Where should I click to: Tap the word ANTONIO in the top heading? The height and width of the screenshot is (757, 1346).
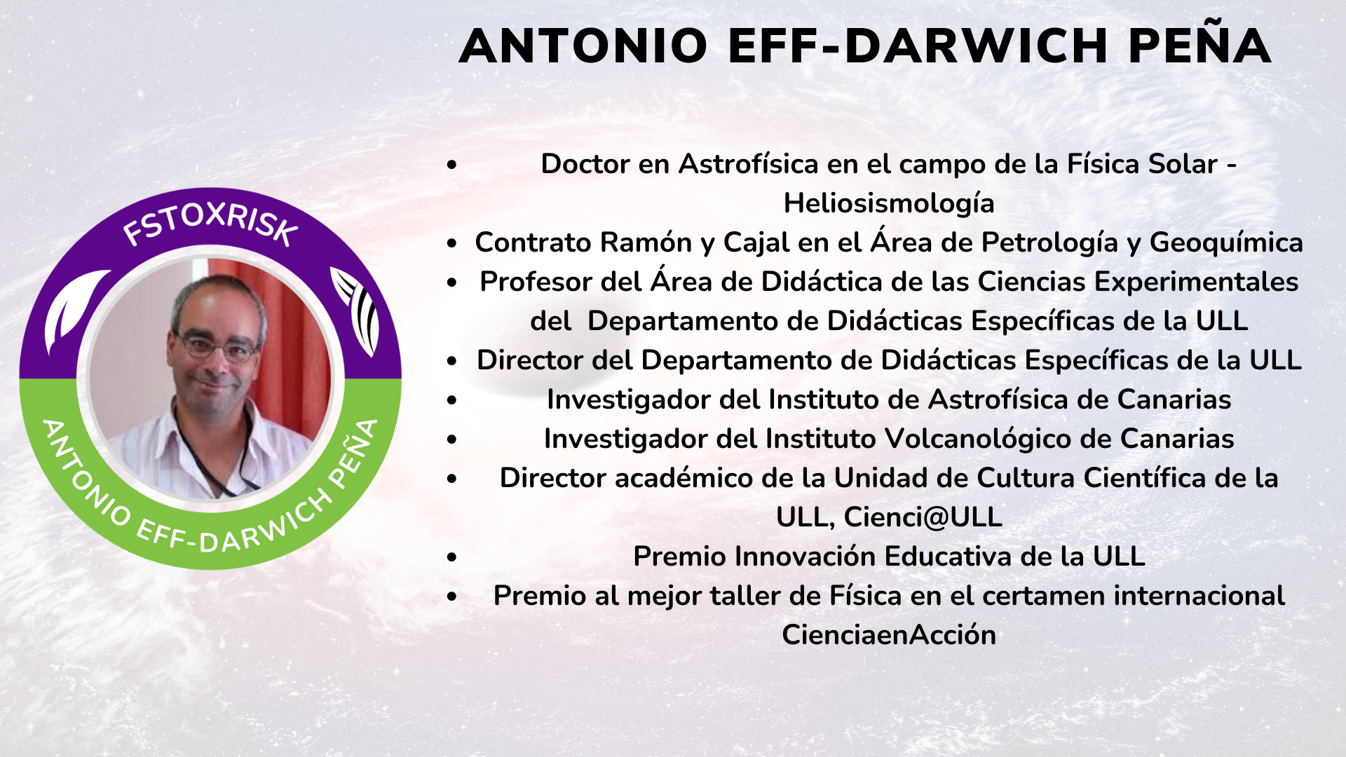tap(583, 46)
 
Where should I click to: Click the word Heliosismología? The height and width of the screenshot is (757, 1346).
tap(889, 204)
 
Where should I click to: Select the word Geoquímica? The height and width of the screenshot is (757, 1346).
tap(1226, 243)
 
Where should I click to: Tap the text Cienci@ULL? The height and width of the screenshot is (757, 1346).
tap(923, 517)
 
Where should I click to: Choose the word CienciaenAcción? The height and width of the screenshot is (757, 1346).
tap(889, 635)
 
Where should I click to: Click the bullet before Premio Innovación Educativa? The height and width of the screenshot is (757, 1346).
tap(452, 558)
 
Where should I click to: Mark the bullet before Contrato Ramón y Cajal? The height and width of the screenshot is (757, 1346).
tap(452, 244)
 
